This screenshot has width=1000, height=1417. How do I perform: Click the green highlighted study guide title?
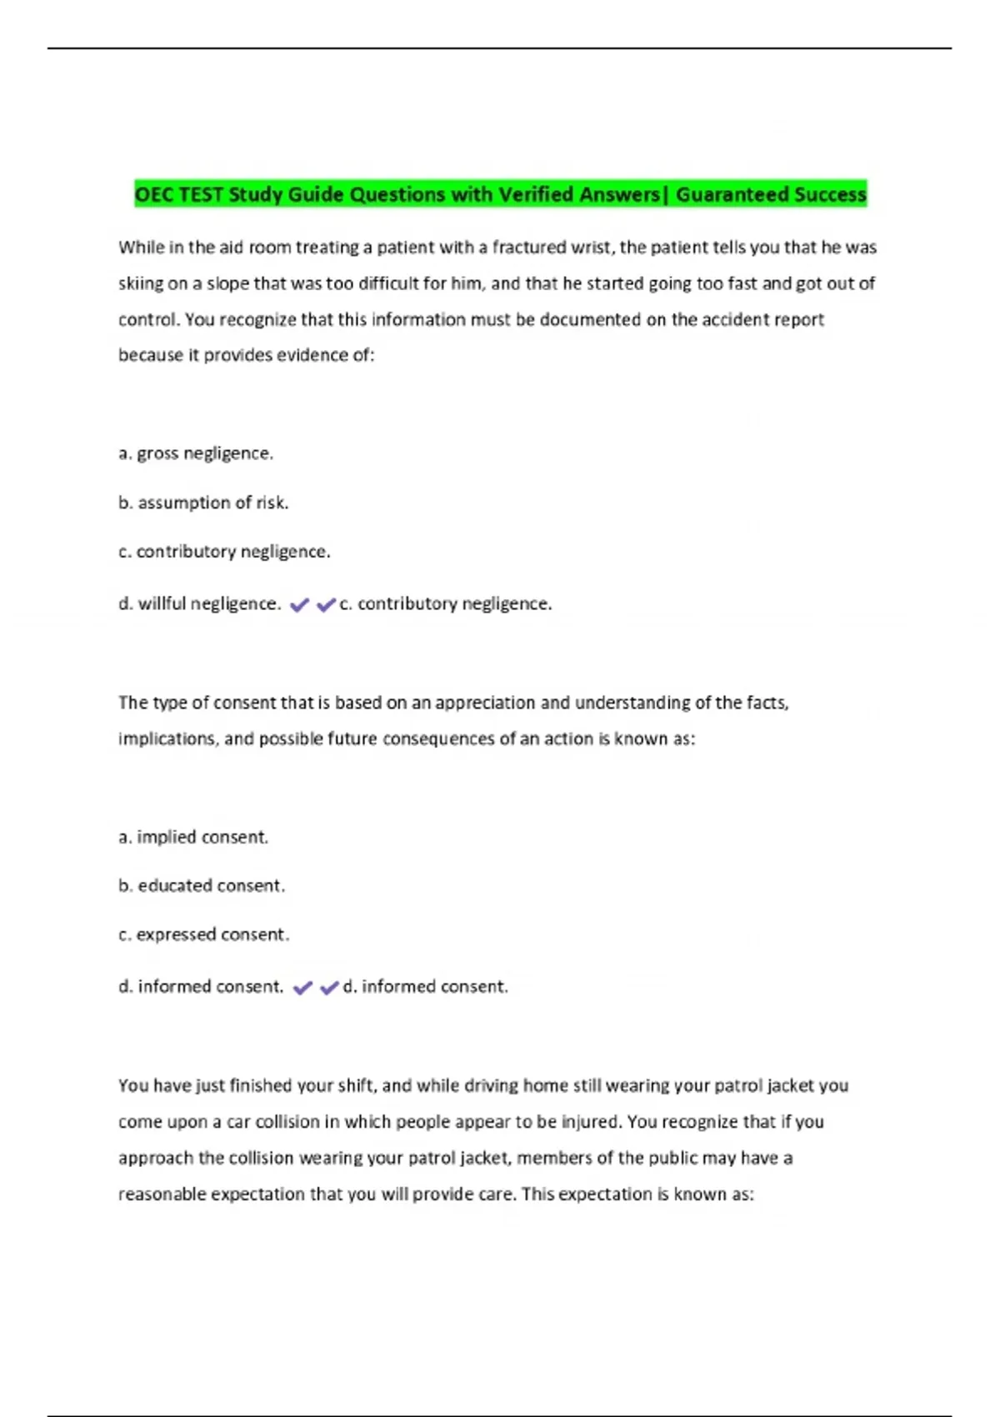tap(500, 194)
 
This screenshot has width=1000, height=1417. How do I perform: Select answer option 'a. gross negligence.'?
tap(196, 453)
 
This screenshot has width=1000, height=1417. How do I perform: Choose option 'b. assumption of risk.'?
tap(203, 503)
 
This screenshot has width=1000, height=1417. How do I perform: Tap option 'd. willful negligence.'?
tap(199, 603)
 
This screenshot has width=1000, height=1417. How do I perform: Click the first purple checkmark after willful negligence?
tap(299, 605)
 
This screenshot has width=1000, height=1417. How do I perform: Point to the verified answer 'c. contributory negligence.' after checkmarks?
tap(446, 603)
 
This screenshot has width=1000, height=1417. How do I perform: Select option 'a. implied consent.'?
tap(193, 837)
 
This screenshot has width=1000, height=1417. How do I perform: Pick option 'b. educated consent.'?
tap(202, 885)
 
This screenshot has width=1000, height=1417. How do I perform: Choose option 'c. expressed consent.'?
tap(204, 934)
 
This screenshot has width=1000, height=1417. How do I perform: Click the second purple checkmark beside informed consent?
tap(329, 988)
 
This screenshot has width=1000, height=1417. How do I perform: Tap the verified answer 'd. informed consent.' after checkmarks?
tap(425, 987)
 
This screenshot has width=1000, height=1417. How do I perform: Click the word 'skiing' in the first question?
tap(141, 283)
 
